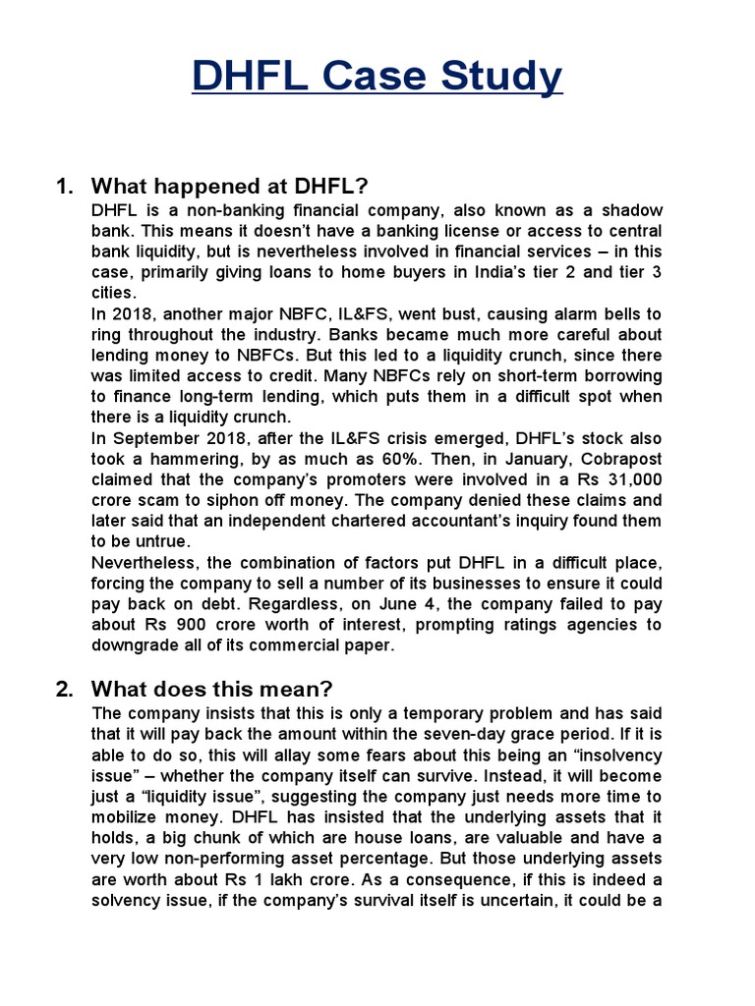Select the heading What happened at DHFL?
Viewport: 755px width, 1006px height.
[229, 187]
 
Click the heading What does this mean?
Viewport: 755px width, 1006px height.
[222, 689]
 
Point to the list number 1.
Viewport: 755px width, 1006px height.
[65, 187]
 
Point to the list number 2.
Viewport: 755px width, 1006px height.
[65, 689]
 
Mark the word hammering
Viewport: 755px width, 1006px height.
[203, 459]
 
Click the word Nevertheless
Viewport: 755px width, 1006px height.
[143, 562]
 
